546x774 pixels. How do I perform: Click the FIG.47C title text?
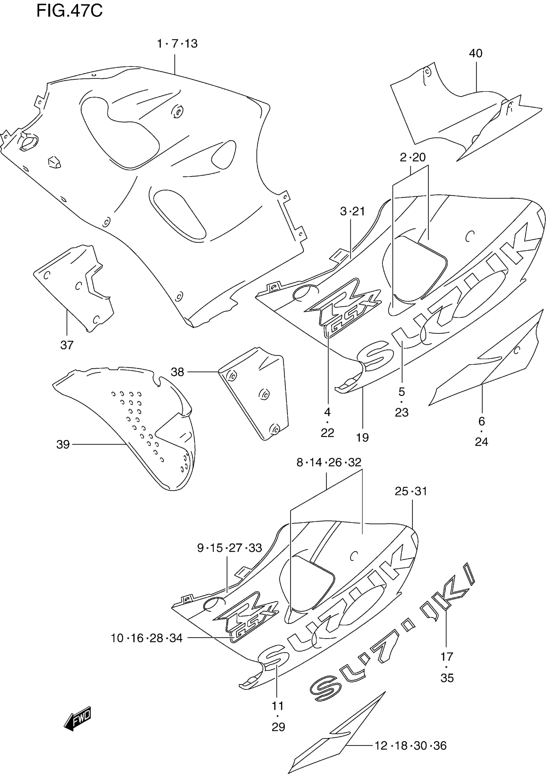[x=69, y=11]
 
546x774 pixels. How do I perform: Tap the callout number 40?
[x=476, y=53]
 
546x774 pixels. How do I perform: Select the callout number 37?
[x=67, y=345]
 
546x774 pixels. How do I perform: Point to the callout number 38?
[x=177, y=372]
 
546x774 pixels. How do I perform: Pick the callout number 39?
[x=63, y=444]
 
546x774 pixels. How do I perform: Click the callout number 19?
[x=362, y=438]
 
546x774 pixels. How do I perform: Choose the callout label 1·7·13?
[x=177, y=44]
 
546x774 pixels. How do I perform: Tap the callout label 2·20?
[x=412, y=157]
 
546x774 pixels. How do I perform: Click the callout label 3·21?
[x=352, y=211]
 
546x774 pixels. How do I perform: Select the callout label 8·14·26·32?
[x=329, y=462]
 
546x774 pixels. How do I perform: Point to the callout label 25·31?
[x=411, y=491]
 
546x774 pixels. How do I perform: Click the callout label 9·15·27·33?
[x=229, y=548]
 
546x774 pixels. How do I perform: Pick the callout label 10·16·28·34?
[x=146, y=638]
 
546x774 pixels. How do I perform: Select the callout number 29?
[x=278, y=727]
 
